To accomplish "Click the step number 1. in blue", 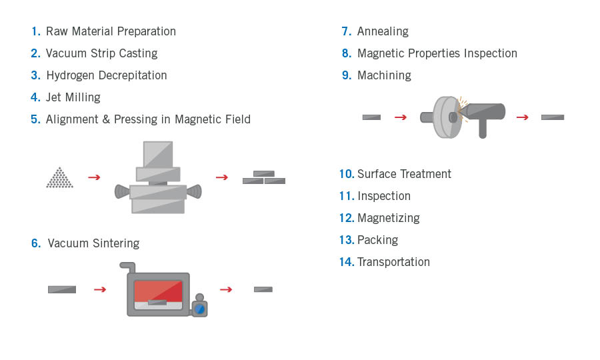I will coord(35,31).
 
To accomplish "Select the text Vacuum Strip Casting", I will coord(101,53).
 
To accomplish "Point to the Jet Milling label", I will coord(73,97).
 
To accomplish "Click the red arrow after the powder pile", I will coord(94,177).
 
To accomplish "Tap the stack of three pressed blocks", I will coord(263,178).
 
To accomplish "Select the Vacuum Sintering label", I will coord(93,243).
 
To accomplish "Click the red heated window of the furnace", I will coord(158,291).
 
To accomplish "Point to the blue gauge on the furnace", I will coord(199,308).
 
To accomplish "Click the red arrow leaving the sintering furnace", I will coord(226,289).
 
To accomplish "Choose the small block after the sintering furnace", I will coord(263,289).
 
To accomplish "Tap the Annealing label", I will coord(383,31).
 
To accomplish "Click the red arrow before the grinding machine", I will coord(400,117).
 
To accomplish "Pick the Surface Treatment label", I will coord(404,174).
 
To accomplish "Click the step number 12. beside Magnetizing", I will coord(346,218).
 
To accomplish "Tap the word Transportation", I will coord(393,262).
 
